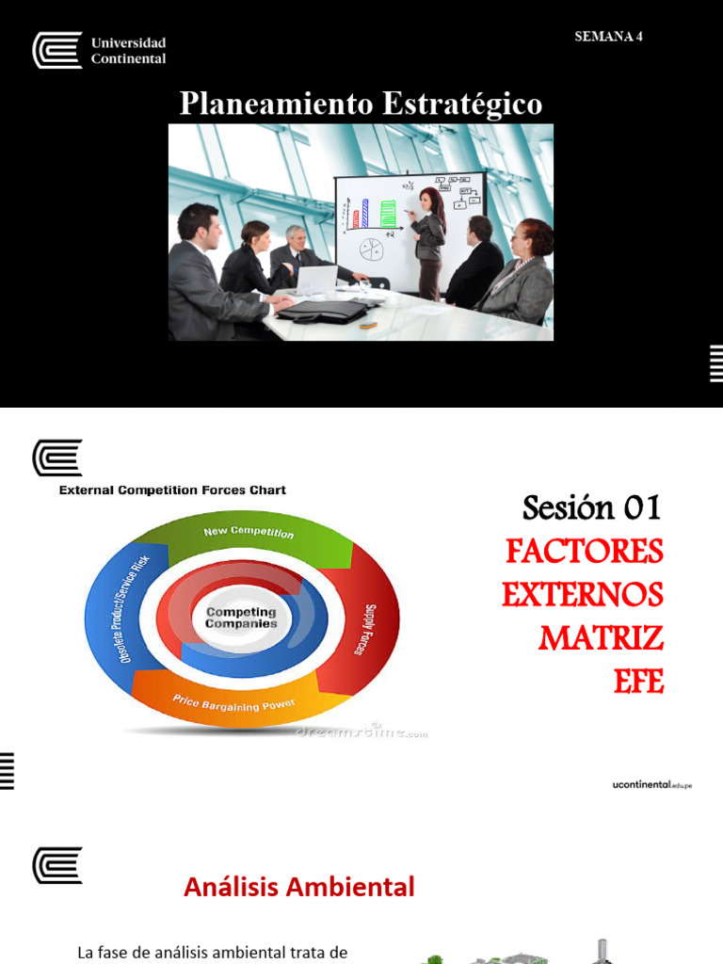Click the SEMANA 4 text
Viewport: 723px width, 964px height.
click(608, 37)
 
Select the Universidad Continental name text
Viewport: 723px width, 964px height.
click(128, 51)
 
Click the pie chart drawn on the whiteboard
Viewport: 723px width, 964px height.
click(373, 249)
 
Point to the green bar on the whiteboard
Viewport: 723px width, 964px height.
click(388, 214)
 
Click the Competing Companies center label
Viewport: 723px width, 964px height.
click(241, 618)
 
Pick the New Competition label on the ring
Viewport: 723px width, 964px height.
click(249, 533)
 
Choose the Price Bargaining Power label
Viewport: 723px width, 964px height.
click(233, 703)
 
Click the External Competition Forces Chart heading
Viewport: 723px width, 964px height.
click(172, 490)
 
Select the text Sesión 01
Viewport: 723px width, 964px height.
click(592, 508)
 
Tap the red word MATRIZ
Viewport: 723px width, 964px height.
click(601, 639)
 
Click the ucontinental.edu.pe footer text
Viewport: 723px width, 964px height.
click(651, 784)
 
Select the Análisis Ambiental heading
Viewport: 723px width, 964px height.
click(298, 887)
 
